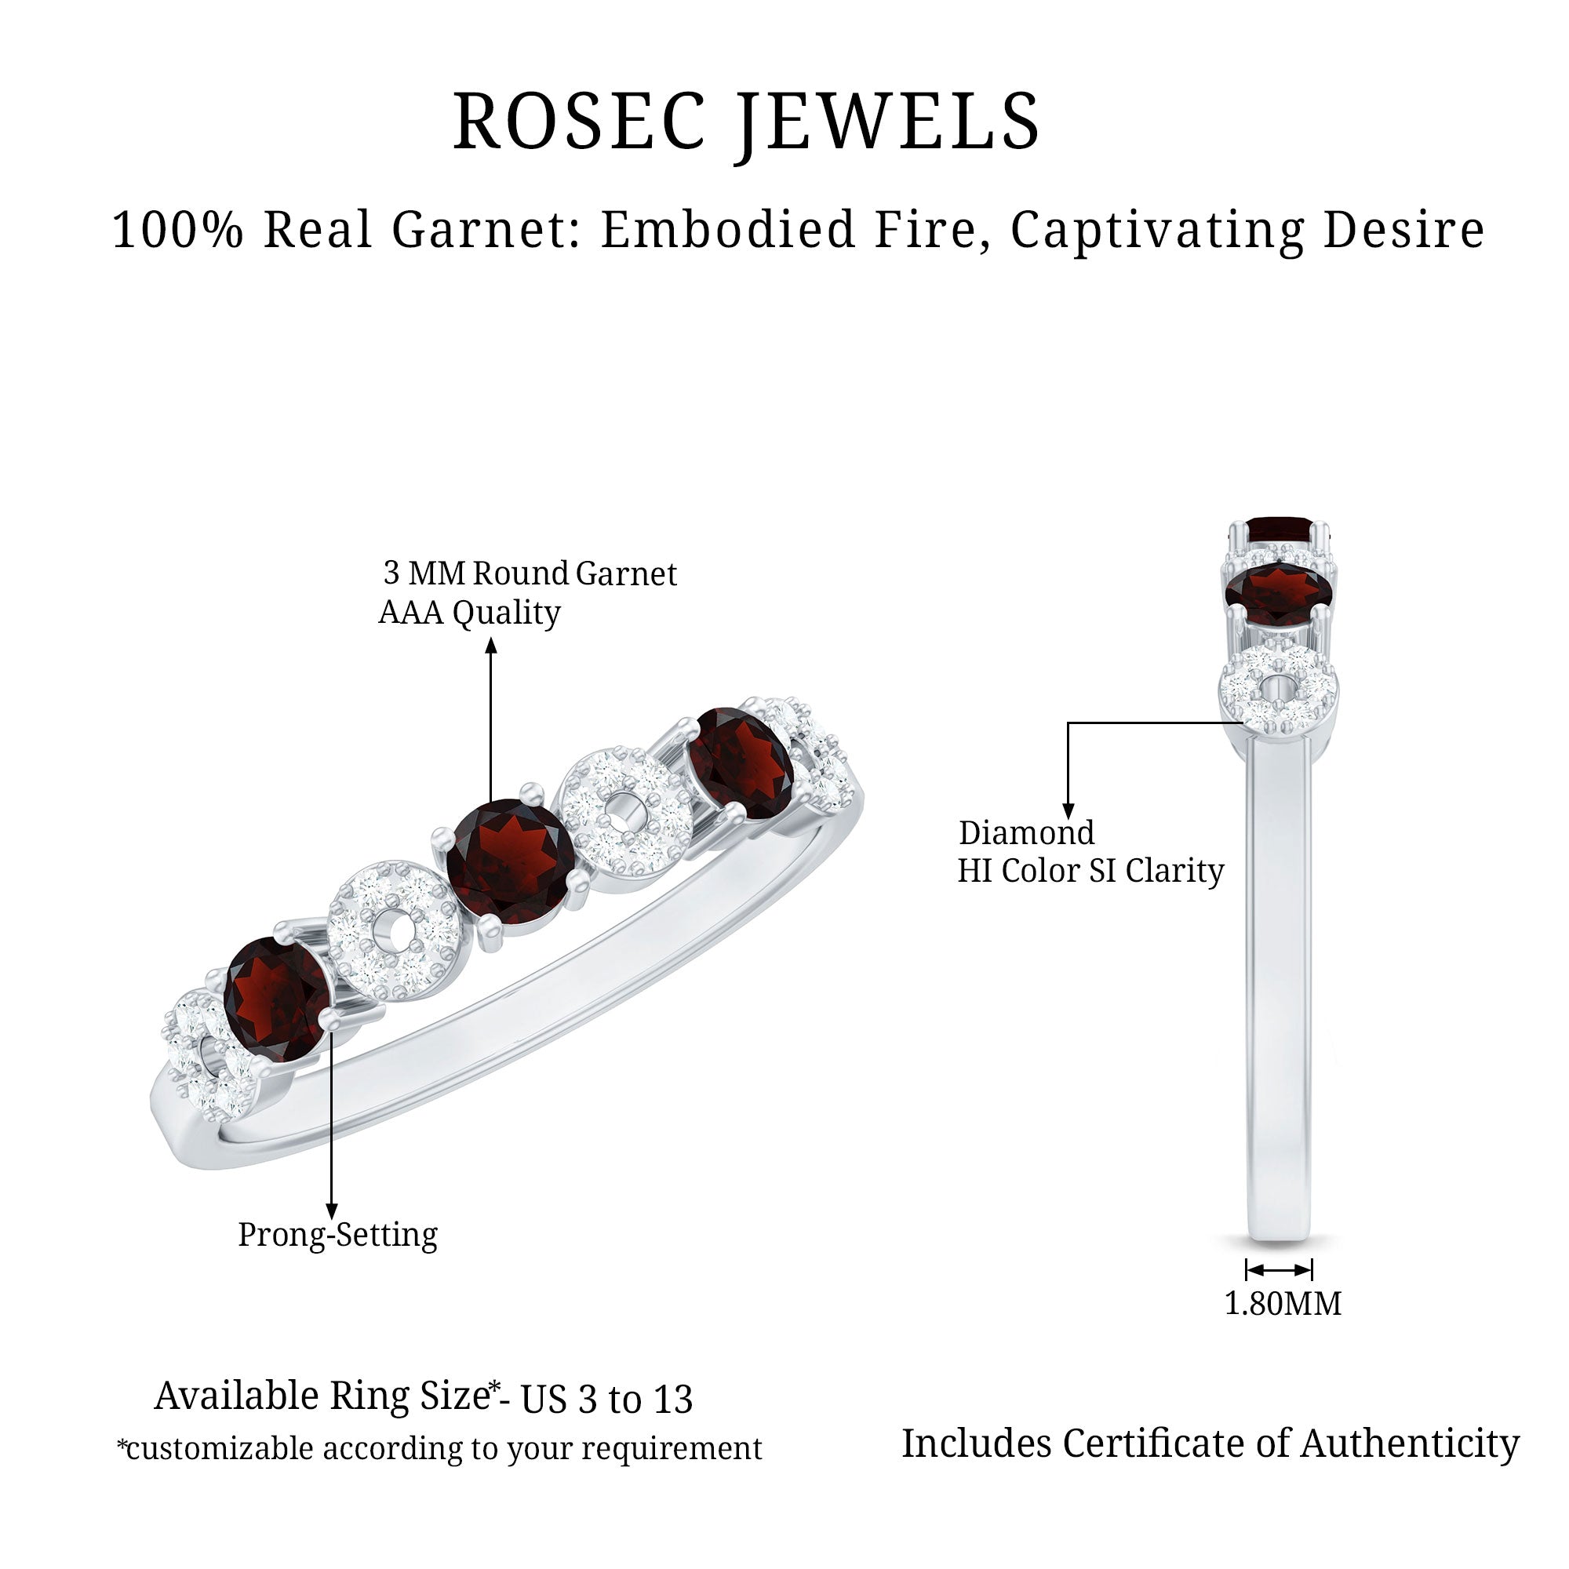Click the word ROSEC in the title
coord(579,121)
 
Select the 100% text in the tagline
coord(177,229)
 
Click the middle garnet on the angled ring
coord(510,861)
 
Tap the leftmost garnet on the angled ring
coord(278,999)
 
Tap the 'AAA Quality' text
coord(469,613)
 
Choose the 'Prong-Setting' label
coord(338,1234)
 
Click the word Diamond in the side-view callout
coord(1026,832)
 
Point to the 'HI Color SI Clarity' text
coord(1090,871)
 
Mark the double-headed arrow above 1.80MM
coord(1279,1270)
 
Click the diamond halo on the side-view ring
coord(1278,691)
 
